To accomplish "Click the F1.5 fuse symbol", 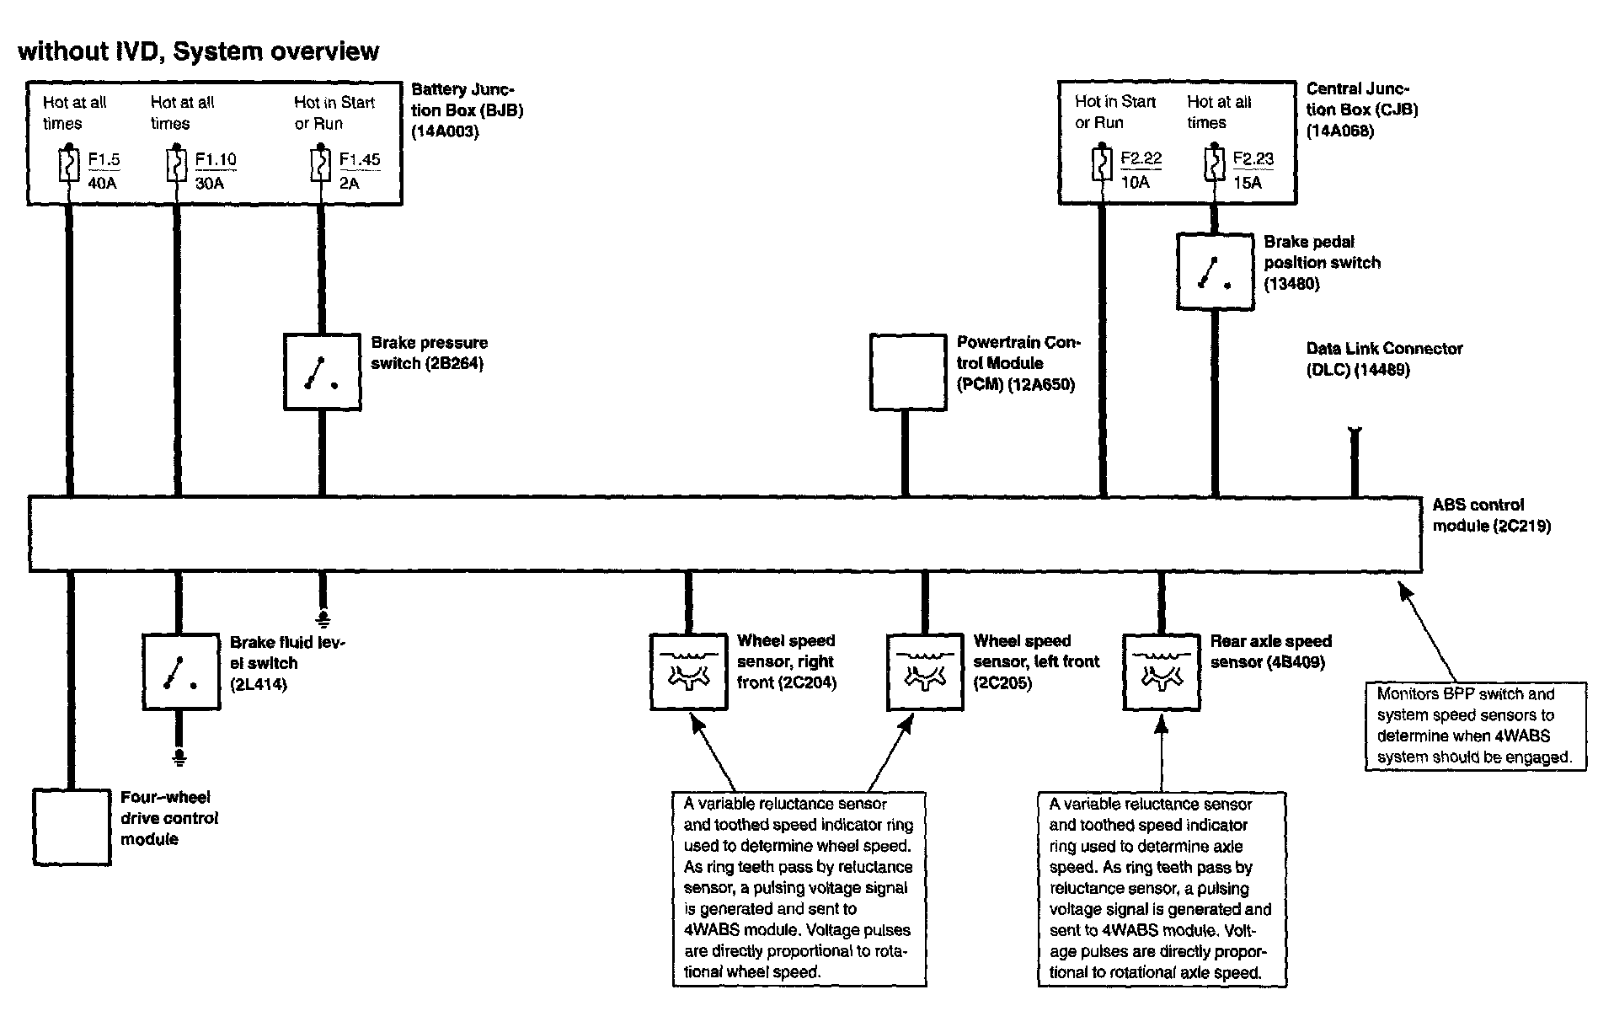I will [69, 165].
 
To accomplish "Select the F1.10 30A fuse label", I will [215, 171].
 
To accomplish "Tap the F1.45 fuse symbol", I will [320, 165].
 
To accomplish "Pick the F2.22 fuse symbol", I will [1101, 164].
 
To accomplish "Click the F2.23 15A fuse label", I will [1253, 170].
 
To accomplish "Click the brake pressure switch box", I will [322, 372].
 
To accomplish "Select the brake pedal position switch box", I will [1214, 271].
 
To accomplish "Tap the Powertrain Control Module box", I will [907, 372].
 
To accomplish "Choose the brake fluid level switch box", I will [180, 671].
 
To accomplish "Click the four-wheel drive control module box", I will [72, 826].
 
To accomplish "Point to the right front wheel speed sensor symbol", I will [688, 671].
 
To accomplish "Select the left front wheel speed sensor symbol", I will [924, 671].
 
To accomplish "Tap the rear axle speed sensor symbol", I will [1161, 671].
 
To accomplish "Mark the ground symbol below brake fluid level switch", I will [179, 757].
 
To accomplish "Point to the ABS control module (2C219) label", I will [1491, 516].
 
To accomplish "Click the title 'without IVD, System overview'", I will [199, 51].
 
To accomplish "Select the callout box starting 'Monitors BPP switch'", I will [1474, 725].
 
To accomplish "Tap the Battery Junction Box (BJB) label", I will [467, 110].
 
